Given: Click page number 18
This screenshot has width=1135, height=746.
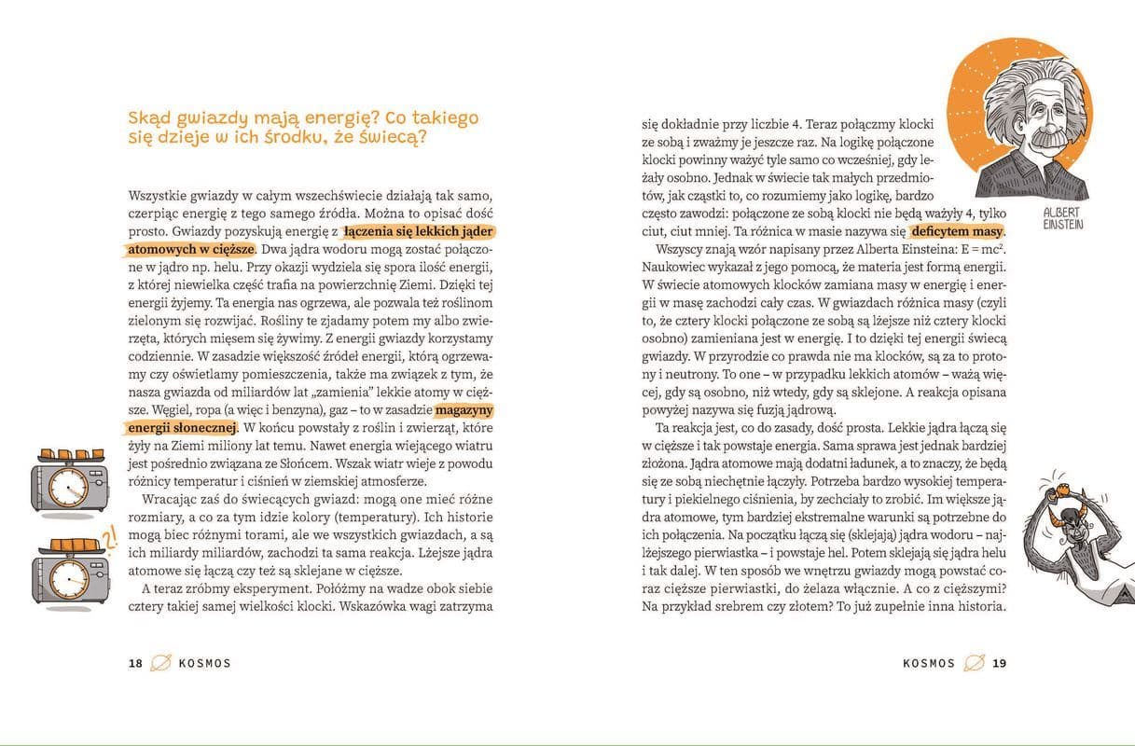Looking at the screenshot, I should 135,664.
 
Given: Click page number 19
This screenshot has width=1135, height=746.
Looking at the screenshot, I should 1000,664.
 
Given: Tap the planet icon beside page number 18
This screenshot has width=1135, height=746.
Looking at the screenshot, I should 160,663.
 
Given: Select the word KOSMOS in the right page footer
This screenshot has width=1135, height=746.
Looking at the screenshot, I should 929,664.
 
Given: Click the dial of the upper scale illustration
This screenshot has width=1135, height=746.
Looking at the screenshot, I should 66,485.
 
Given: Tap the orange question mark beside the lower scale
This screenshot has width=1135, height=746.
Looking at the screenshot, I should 109,538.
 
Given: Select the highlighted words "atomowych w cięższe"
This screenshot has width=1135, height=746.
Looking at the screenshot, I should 191,250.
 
